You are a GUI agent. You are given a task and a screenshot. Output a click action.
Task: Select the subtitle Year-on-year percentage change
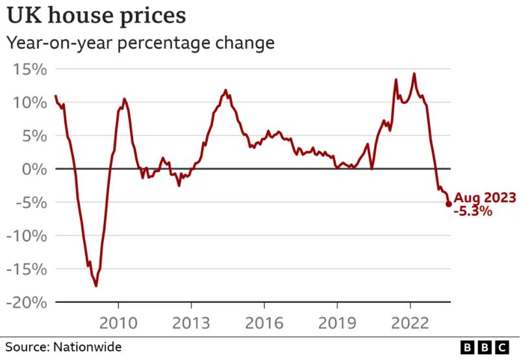(x=140, y=44)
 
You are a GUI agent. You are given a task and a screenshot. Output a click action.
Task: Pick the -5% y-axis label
(x=30, y=203)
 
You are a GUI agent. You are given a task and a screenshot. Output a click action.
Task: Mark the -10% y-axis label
(x=26, y=236)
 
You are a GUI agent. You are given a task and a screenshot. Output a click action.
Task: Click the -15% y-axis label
(x=26, y=269)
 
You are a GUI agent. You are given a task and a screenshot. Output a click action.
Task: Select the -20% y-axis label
(x=26, y=303)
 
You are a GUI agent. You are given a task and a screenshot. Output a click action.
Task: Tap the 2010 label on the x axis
(x=118, y=323)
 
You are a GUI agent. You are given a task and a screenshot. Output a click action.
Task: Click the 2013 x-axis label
(x=191, y=323)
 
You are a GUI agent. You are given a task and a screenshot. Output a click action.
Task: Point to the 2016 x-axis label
(x=264, y=323)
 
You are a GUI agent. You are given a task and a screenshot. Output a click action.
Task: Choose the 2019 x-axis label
(x=337, y=323)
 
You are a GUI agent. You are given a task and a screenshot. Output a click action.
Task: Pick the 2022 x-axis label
(x=410, y=323)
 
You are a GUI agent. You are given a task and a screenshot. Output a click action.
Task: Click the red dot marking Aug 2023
(x=448, y=204)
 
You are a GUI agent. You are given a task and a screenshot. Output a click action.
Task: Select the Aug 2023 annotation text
(x=485, y=198)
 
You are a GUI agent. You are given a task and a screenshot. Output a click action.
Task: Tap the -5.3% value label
(x=473, y=211)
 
